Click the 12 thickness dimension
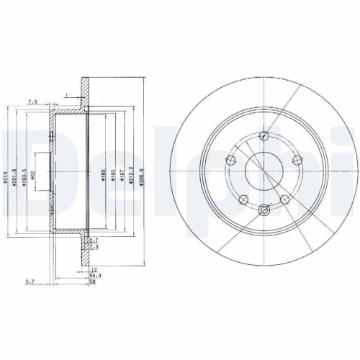click(92, 269)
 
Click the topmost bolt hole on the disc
click(264, 136)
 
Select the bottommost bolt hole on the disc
click(264, 210)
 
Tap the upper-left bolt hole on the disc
click(232, 160)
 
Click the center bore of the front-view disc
click(264, 173)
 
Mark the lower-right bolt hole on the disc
click(284, 199)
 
